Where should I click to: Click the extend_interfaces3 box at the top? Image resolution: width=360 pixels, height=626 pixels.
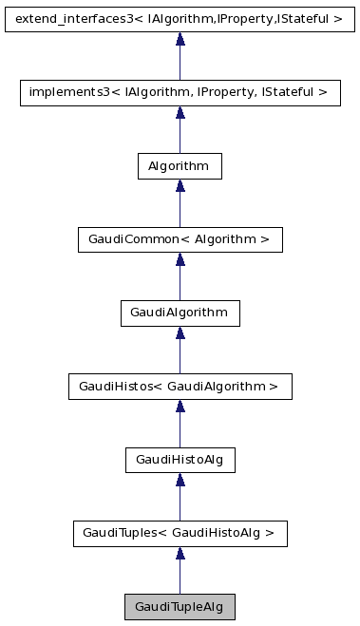point(180,18)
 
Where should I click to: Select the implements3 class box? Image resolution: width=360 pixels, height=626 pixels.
point(180,92)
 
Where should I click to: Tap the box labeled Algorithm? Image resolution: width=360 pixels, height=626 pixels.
point(180,165)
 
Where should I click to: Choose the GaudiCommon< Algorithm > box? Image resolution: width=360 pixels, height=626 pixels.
point(180,239)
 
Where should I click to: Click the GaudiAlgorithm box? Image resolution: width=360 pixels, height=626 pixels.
point(180,313)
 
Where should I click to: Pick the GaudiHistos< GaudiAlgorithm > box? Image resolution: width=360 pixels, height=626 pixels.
point(180,387)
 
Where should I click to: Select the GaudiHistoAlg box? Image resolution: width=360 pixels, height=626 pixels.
point(180,460)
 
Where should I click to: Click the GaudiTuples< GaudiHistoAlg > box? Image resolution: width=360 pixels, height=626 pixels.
point(180,534)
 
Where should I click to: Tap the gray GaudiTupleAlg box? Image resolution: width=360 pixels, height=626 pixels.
point(180,607)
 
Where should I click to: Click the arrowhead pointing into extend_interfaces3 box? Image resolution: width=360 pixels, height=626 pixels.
point(180,39)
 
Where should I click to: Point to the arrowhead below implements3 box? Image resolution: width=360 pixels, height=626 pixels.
point(180,113)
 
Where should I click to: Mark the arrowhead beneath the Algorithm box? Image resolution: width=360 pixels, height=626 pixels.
point(180,186)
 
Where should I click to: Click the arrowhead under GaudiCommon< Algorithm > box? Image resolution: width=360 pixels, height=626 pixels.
point(180,260)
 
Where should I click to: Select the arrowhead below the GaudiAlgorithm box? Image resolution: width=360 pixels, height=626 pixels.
point(180,333)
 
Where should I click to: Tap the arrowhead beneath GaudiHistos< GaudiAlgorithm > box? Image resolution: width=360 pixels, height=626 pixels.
point(180,408)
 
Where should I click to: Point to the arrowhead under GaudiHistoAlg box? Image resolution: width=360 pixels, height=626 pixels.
point(180,481)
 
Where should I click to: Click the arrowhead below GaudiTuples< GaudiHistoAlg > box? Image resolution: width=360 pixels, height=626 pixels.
point(180,555)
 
